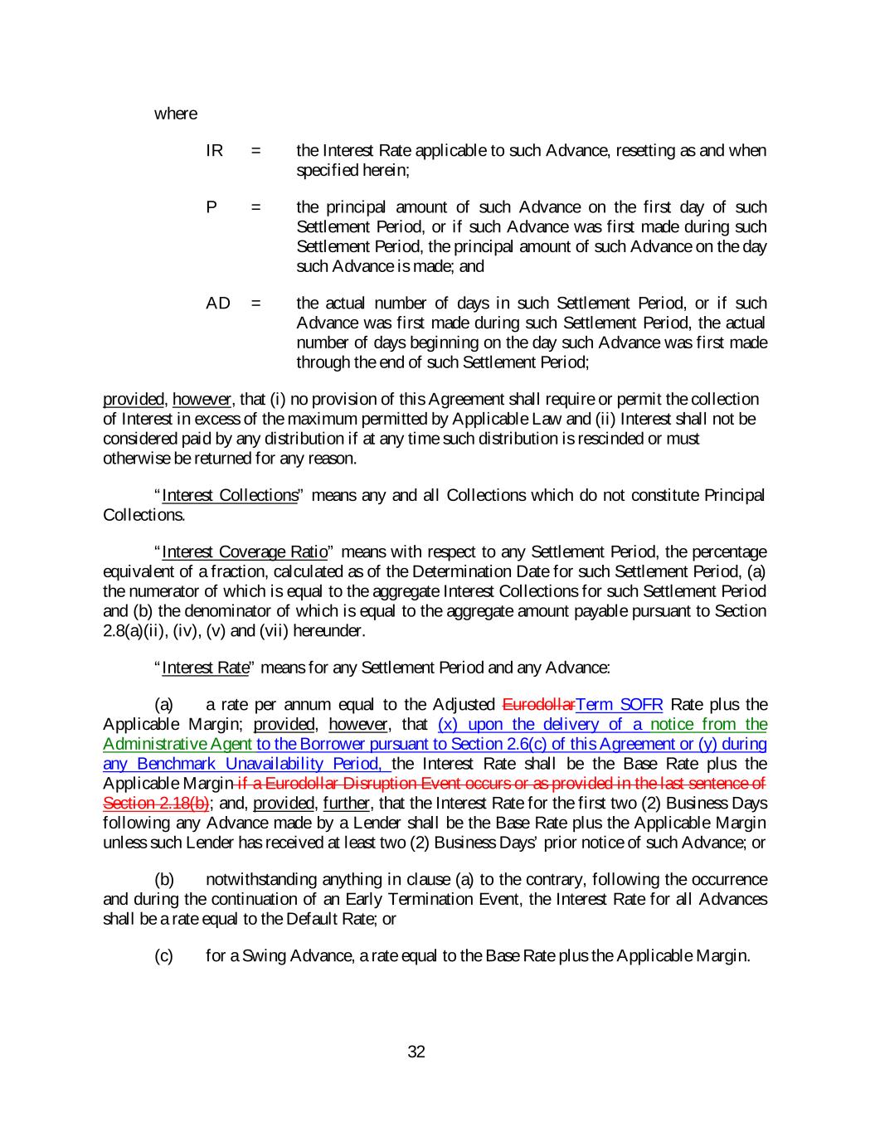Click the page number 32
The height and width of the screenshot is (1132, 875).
[x=416, y=1052]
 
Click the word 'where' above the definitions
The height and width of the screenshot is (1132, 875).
[x=176, y=114]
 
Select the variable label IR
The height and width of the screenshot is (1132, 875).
[x=214, y=151]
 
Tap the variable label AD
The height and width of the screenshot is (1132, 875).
[x=217, y=303]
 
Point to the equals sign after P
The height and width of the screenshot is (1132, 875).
[x=256, y=207]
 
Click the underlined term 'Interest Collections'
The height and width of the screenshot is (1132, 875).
[x=230, y=496]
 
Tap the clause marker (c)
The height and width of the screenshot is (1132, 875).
[x=164, y=956]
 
